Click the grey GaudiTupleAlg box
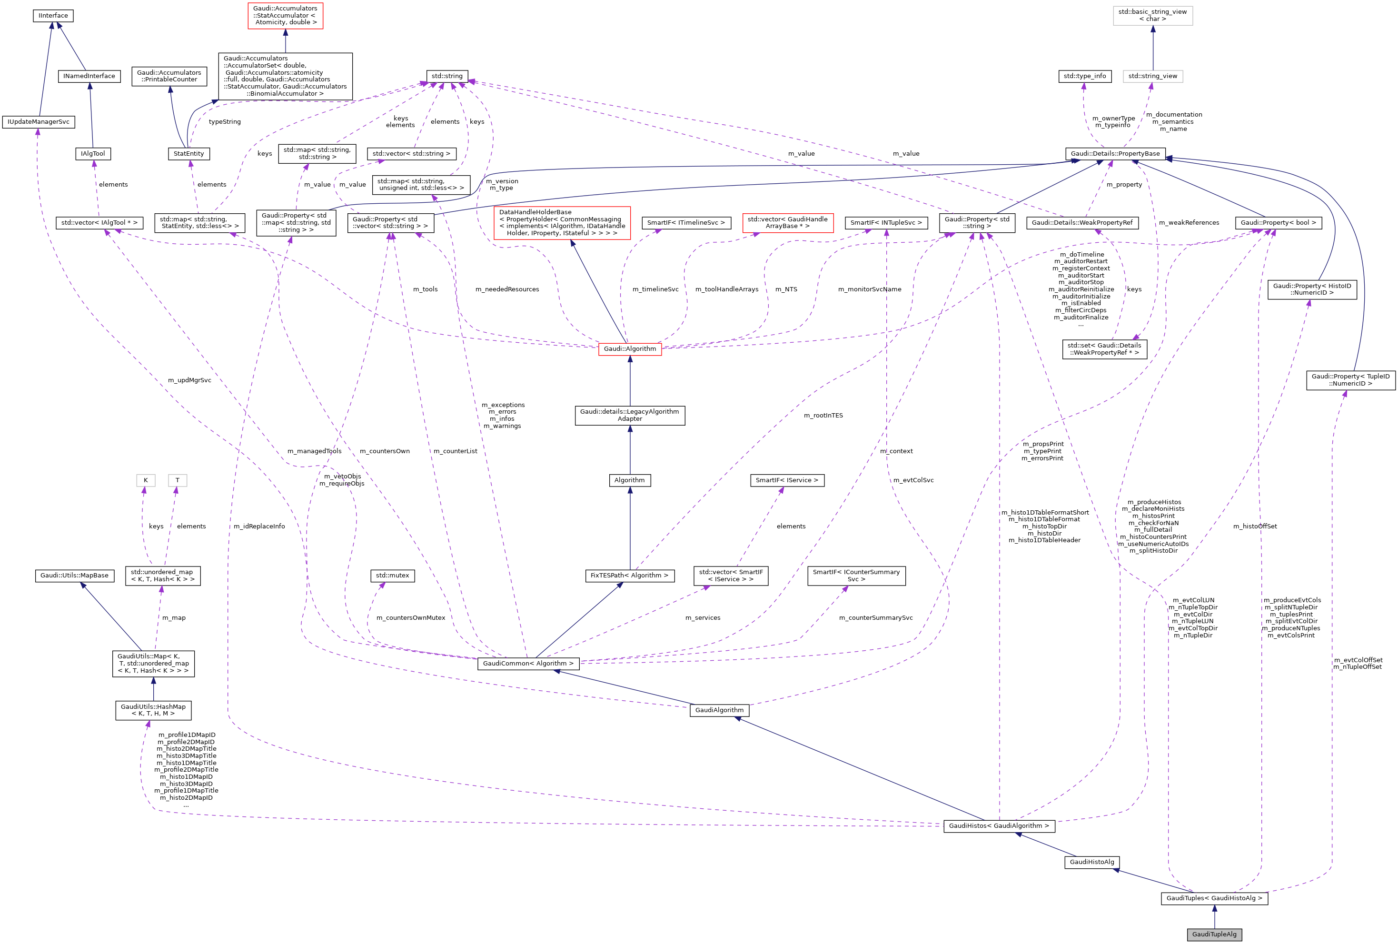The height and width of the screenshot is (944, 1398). (1214, 934)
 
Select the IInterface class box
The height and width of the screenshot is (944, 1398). (53, 16)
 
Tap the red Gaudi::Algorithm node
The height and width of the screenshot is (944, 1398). (629, 349)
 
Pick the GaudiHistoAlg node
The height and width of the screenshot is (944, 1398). (1092, 862)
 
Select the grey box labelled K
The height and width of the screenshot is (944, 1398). (146, 481)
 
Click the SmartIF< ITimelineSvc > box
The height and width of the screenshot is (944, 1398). (686, 223)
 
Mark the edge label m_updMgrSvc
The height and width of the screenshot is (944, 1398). (189, 380)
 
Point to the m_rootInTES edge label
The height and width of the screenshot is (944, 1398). (823, 416)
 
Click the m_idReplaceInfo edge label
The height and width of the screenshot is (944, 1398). (259, 527)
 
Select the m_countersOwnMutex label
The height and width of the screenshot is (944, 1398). (411, 618)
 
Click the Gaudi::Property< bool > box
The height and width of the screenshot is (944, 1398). (1278, 223)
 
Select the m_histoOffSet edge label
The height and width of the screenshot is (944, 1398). (1255, 527)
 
